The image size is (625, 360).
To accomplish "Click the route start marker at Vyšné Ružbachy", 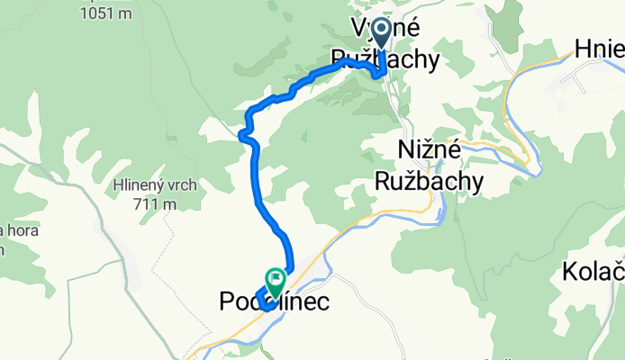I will [x=381, y=33].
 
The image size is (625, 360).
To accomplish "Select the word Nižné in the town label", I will [x=429, y=151].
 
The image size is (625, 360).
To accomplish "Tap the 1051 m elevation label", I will [x=106, y=13].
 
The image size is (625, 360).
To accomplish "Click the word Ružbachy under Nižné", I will [x=429, y=182].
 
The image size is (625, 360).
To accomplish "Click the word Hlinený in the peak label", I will [x=135, y=187].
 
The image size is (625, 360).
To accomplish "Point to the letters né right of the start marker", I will [x=406, y=31].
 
